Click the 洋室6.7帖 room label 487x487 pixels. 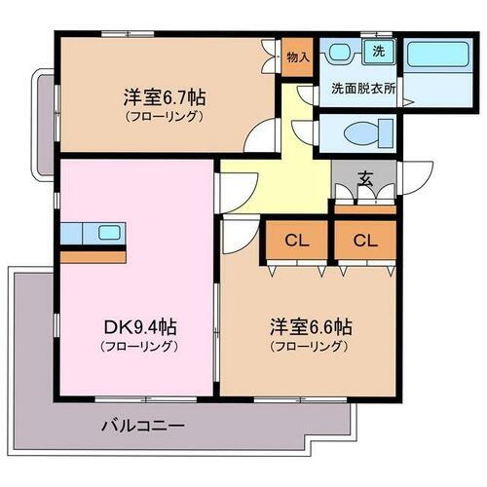[163, 98]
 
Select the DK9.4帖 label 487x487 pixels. [142, 327]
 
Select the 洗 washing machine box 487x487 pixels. [375, 49]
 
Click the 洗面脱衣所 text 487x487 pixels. [362, 86]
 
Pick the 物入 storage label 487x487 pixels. [297, 56]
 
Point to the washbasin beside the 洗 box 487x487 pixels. [340, 53]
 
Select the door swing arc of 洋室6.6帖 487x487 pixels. [237, 234]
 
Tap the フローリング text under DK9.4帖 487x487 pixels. [142, 346]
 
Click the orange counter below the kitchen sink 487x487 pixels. [94, 256]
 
